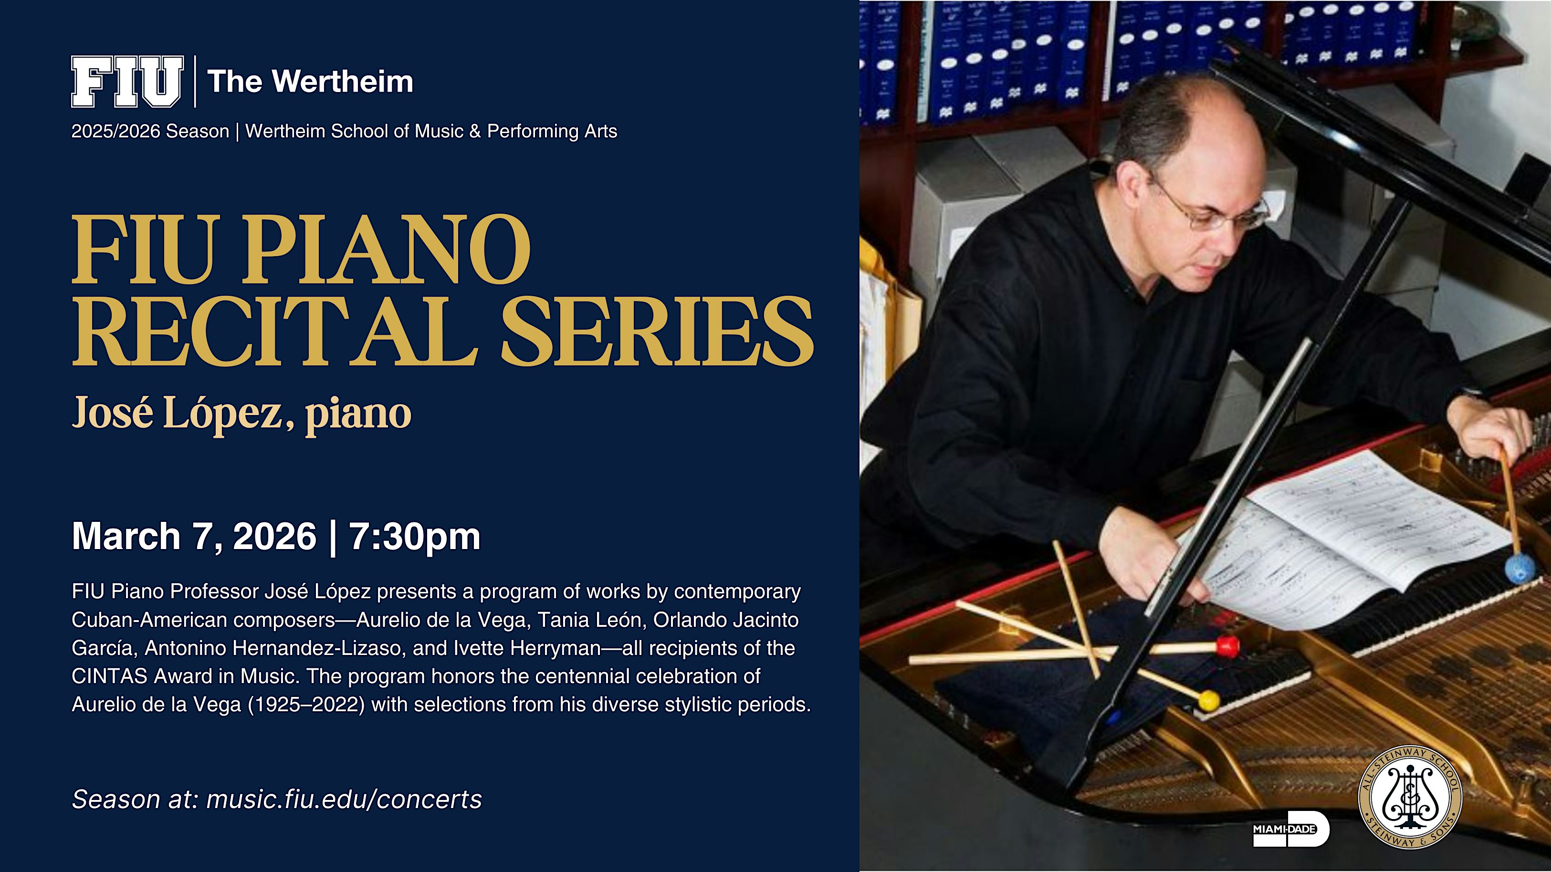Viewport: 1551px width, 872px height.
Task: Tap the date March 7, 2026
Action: pos(194,536)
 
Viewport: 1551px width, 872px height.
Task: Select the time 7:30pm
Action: pos(414,536)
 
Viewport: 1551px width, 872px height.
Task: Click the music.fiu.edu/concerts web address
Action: pos(344,799)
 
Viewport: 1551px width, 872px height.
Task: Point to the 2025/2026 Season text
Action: pos(150,131)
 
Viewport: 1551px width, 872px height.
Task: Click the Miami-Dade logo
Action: pos(1291,829)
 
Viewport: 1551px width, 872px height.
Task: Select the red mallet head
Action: pos(1227,647)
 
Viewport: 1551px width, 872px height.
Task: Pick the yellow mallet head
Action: pos(1208,700)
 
